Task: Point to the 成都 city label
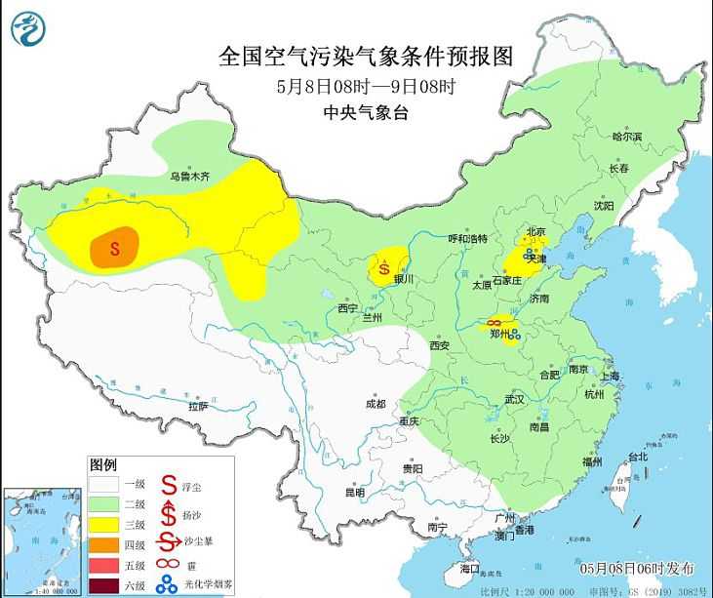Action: [375, 404]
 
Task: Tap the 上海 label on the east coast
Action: [611, 376]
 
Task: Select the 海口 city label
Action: [470, 568]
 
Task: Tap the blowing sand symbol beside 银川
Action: [384, 264]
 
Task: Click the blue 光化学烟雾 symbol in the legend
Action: [168, 585]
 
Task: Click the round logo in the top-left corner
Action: [29, 29]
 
